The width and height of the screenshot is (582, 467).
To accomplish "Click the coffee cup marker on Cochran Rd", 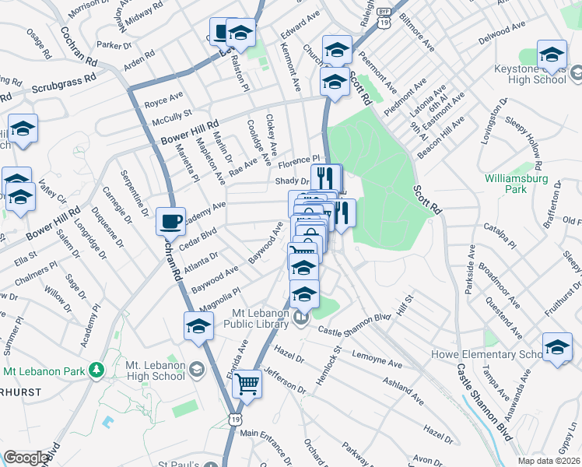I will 171,221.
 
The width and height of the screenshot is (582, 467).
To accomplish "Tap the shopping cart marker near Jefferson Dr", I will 247,383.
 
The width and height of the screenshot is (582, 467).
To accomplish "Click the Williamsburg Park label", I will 517,184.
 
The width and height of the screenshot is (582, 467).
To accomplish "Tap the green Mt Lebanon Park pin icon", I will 96,369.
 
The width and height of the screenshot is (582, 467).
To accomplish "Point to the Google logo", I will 26,458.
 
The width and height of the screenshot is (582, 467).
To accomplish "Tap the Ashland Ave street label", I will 403,391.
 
